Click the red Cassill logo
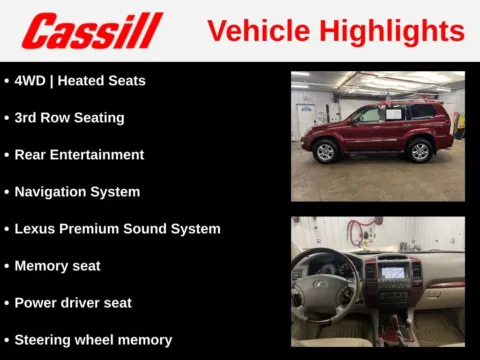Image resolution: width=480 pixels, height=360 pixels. click(x=92, y=31)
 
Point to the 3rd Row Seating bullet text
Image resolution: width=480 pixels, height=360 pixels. click(x=69, y=117)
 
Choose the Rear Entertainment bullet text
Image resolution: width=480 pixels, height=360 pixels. click(x=79, y=154)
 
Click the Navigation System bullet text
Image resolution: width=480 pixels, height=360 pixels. click(x=77, y=191)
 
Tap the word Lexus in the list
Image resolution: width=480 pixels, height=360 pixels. click(x=36, y=228)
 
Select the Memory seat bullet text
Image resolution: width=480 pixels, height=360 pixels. click(x=57, y=265)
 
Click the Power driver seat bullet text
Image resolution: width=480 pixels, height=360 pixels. click(x=73, y=302)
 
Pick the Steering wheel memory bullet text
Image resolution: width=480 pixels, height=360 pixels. click(x=93, y=339)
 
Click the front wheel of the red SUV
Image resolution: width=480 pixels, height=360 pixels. click(x=325, y=152)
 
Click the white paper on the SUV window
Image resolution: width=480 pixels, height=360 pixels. click(x=393, y=114)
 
